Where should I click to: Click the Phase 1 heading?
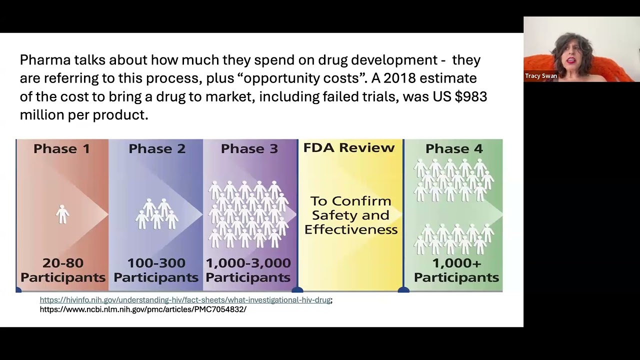pyautogui.click(x=62, y=148)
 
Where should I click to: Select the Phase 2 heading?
pyautogui.click(x=157, y=148)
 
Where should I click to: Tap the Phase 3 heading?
pyautogui.click(x=249, y=148)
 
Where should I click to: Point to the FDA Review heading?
pyautogui.click(x=349, y=147)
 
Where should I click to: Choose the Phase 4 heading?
pyautogui.click(x=454, y=148)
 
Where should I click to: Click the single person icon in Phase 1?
pyautogui.click(x=62, y=214)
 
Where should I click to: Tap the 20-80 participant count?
pyautogui.click(x=63, y=263)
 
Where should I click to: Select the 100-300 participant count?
pyautogui.click(x=156, y=263)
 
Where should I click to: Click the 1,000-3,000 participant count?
pyautogui.click(x=248, y=263)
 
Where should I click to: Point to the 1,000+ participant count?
pyautogui.click(x=456, y=263)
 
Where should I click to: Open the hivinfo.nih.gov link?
pyautogui.click(x=185, y=300)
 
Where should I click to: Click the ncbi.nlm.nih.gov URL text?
pyautogui.click(x=143, y=309)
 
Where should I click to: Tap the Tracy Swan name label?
pyautogui.click(x=541, y=76)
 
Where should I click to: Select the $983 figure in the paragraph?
pyautogui.click(x=470, y=96)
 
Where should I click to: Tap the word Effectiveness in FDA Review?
pyautogui.click(x=351, y=229)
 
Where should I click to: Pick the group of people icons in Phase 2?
pyautogui.click(x=157, y=214)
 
